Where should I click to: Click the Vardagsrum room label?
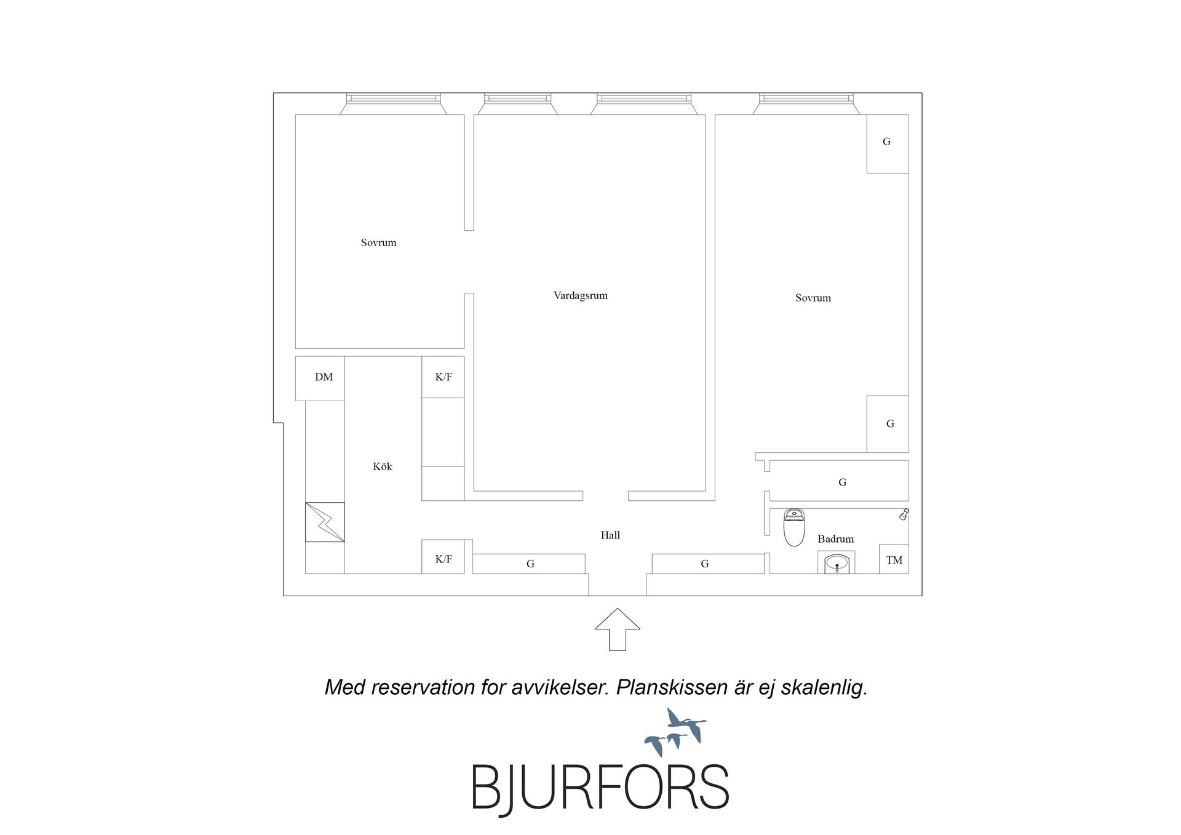(x=580, y=295)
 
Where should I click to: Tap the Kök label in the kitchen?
(x=382, y=466)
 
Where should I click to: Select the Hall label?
(x=610, y=535)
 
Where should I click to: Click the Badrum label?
(x=835, y=539)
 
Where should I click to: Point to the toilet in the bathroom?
(x=794, y=527)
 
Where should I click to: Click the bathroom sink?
(x=837, y=562)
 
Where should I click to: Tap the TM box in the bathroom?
(x=894, y=559)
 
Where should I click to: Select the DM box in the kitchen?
(x=320, y=378)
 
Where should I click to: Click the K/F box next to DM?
(x=443, y=377)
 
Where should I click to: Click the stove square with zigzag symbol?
(x=325, y=522)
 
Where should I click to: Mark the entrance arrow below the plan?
(x=618, y=629)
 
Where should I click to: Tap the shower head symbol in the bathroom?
(x=904, y=514)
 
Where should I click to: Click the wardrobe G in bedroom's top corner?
(x=888, y=144)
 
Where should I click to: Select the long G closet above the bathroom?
(x=839, y=481)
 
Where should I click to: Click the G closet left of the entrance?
(x=529, y=564)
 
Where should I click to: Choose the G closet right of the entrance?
(x=708, y=564)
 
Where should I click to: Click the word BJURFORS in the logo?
(x=600, y=787)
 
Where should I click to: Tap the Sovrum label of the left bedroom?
(x=378, y=242)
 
